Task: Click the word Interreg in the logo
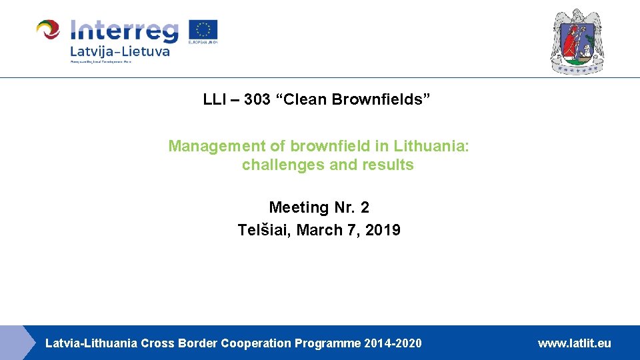124,31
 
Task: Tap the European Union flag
203,31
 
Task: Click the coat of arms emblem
577,41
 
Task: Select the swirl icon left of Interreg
49,31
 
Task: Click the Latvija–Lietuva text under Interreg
119,51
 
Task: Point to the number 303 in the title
256,100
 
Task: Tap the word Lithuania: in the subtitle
431,146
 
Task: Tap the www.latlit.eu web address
574,343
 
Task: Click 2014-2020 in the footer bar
393,343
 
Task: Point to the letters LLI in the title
214,100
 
